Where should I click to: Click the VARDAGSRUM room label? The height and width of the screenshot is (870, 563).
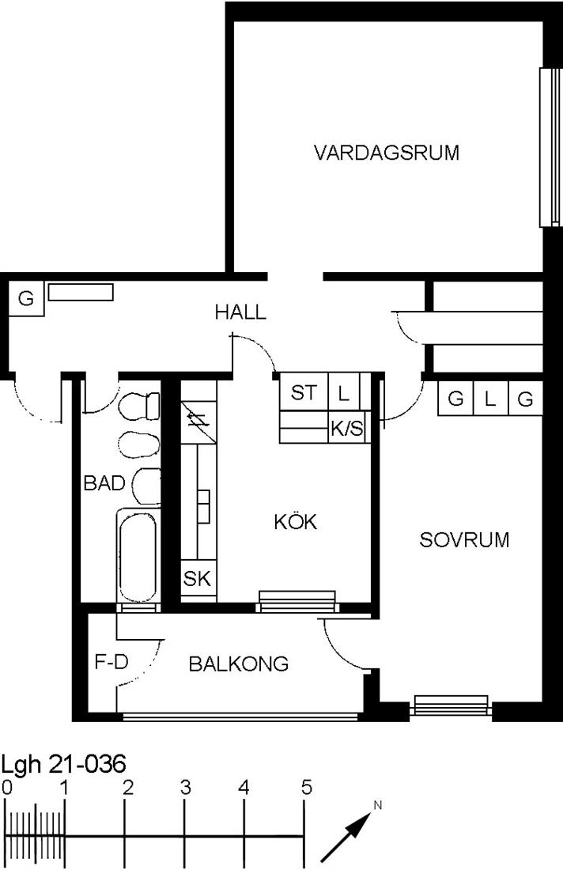pyautogui.click(x=387, y=153)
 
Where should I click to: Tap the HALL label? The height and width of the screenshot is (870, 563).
pyautogui.click(x=240, y=312)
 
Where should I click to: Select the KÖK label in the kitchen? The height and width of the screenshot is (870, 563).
pyautogui.click(x=296, y=521)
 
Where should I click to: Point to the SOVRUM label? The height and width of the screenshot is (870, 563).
pyautogui.click(x=464, y=540)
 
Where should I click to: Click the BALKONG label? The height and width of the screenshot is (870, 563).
pyautogui.click(x=239, y=664)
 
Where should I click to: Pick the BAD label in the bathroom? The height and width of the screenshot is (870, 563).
pyautogui.click(x=104, y=482)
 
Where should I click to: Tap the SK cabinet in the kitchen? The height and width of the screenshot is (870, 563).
pyautogui.click(x=198, y=579)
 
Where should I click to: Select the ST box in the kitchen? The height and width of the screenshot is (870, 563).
pyautogui.click(x=304, y=393)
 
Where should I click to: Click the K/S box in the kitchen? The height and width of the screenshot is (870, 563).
pyautogui.click(x=346, y=428)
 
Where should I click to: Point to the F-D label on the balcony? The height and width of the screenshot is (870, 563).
pyautogui.click(x=111, y=661)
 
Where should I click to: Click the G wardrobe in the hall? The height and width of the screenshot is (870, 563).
pyautogui.click(x=26, y=299)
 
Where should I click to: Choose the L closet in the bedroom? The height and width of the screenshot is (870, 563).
pyautogui.click(x=489, y=399)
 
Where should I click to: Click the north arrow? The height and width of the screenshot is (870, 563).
pyautogui.click(x=346, y=837)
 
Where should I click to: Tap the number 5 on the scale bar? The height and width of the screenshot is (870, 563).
pyautogui.click(x=306, y=788)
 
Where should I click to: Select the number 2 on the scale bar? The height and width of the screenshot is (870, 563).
pyautogui.click(x=127, y=788)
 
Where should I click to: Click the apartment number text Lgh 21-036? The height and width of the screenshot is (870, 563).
pyautogui.click(x=63, y=764)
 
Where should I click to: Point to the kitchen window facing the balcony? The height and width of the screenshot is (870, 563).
pyautogui.click(x=297, y=602)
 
